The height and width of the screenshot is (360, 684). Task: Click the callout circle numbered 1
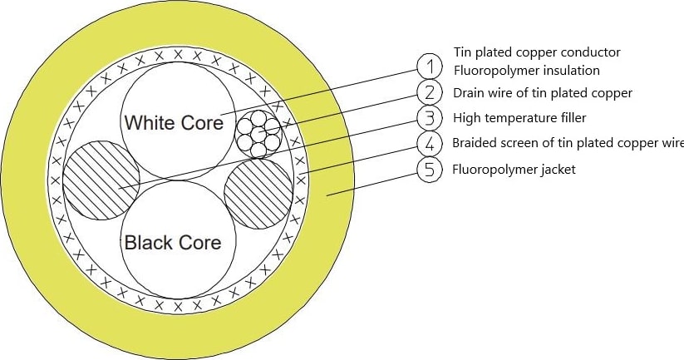pos(429,66)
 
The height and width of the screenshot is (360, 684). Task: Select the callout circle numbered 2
pos(429,92)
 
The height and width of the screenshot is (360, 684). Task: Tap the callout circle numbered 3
pos(429,118)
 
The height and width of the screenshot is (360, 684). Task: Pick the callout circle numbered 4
pos(429,144)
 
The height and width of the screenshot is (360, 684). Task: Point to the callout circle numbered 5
pos(429,170)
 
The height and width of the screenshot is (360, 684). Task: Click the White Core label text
pos(174,123)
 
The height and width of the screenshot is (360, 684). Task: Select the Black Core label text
pos(173,243)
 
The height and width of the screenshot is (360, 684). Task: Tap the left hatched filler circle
pos(97,180)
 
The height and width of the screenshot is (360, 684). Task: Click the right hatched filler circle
pos(258,193)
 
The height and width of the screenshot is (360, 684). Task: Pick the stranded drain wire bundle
pos(259,132)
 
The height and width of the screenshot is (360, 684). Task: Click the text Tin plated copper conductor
pos(537,52)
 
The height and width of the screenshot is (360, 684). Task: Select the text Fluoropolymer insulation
pos(526,71)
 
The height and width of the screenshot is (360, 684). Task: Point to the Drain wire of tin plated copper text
pos(542,92)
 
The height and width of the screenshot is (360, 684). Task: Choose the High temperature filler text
pos(519,118)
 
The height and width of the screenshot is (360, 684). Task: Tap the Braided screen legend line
pos(568,144)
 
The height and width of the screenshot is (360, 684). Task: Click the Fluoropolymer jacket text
pos(514,170)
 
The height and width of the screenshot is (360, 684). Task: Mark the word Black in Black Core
pos(148,243)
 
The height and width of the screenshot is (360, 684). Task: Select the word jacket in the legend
pos(556,170)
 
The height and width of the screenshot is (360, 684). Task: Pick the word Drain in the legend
pos(469,92)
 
